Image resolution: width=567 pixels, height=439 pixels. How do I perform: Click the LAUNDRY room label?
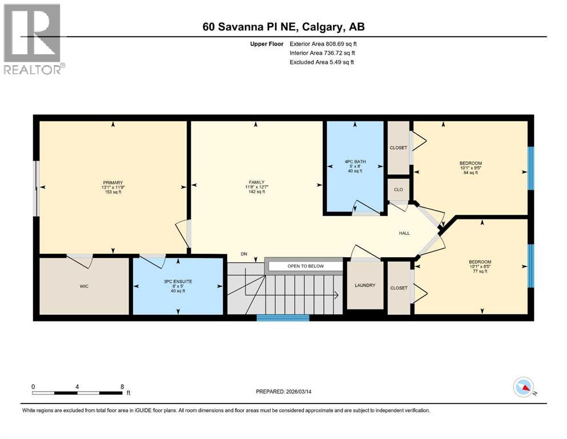pyautogui.click(x=365, y=285)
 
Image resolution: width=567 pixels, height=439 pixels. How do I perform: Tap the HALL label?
pyautogui.click(x=405, y=233)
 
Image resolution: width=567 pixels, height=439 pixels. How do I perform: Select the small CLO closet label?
pyautogui.click(x=398, y=190)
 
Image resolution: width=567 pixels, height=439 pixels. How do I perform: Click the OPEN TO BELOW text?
pyautogui.click(x=305, y=266)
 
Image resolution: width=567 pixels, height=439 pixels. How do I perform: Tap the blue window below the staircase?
pyautogui.click(x=283, y=318)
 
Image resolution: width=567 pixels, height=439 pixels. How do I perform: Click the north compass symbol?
pyautogui.click(x=524, y=388)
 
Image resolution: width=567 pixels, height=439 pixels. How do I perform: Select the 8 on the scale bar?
pyautogui.click(x=122, y=386)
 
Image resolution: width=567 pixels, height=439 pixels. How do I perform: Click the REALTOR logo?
pyautogui.click(x=33, y=39)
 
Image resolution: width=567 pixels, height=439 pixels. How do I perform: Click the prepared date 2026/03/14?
pyautogui.click(x=303, y=392)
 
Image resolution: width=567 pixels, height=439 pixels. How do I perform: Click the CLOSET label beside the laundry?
pyautogui.click(x=399, y=288)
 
